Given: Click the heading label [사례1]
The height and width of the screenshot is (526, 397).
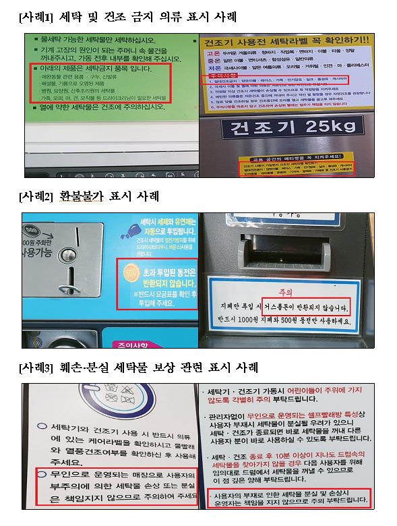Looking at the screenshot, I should (36, 16).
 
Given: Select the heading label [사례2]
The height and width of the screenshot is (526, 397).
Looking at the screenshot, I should (36, 197).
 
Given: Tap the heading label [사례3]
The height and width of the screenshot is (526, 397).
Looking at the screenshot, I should (36, 368).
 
